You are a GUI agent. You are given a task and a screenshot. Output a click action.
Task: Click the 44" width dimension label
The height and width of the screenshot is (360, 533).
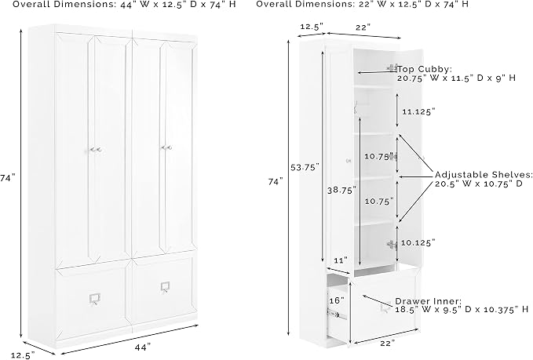pos(143,347)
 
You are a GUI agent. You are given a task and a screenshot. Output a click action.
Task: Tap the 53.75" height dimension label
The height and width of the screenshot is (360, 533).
pos(305,167)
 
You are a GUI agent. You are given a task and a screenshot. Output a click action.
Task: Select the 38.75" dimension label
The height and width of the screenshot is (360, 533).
pos(342,190)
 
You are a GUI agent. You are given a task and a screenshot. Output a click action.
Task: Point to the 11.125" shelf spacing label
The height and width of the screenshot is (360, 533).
pos(418,111)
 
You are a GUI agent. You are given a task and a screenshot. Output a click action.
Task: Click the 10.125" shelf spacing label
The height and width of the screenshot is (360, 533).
pos(418,242)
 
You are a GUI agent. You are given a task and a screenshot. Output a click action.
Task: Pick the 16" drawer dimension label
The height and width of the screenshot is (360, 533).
pos(337,300)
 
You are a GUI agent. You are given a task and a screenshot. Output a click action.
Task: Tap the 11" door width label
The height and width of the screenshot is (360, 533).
pos(341,260)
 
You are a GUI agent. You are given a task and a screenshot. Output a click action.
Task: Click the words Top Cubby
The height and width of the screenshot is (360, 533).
pos(424,69)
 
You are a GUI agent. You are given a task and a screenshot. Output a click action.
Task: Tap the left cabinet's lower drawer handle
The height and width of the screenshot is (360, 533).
pos(94,299)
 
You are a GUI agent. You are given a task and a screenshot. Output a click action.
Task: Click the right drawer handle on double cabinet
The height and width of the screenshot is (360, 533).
pos(166,287)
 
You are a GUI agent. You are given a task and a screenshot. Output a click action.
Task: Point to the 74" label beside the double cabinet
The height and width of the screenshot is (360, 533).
pos(8,177)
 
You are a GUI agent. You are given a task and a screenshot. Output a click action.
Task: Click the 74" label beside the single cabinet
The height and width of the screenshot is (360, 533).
pos(276,182)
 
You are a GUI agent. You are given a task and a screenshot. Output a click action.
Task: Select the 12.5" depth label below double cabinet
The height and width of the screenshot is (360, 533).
pos(23,355)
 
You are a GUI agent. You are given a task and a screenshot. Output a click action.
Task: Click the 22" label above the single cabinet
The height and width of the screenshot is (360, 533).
pos(363,27)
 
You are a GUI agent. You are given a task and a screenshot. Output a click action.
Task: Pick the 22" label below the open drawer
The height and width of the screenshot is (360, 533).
pos(388,344)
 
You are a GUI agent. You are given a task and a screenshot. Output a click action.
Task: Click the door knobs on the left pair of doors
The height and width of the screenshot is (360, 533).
pos(95,150)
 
